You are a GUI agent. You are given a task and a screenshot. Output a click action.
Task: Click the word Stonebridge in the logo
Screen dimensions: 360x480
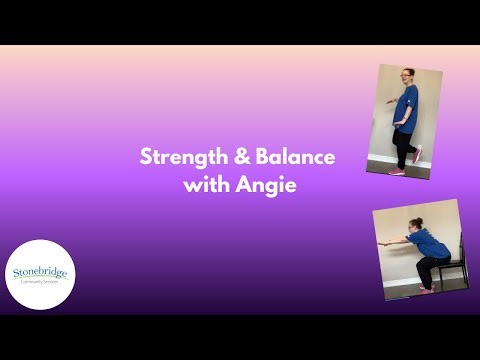[x=42, y=270]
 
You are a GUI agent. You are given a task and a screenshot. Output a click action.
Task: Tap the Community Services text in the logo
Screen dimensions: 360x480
[x=42, y=281]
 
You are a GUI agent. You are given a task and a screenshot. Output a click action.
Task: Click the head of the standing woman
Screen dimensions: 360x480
[x=408, y=76]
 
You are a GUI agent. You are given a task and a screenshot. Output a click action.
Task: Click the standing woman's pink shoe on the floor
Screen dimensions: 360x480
[x=397, y=171]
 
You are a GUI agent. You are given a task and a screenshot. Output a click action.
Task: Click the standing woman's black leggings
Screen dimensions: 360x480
[x=402, y=148]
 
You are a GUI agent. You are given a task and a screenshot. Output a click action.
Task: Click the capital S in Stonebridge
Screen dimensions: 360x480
[x=17, y=270]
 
